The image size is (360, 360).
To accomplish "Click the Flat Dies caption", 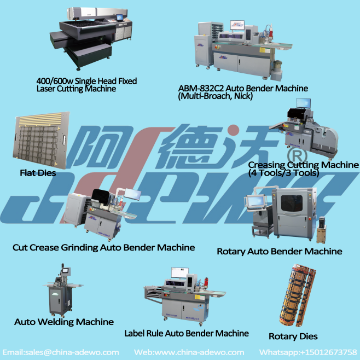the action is (x=38, y=173).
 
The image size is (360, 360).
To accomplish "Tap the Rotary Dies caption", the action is (x=293, y=336).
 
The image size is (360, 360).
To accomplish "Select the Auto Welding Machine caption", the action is (x=64, y=322).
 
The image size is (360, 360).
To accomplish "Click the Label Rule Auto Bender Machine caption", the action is (x=187, y=333).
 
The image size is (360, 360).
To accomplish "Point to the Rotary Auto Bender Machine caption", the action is (x=280, y=252).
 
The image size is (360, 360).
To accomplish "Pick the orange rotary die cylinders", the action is (x=298, y=295).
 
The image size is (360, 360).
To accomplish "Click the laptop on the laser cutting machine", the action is (x=120, y=18).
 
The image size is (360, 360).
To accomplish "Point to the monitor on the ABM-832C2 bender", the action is (x=237, y=25).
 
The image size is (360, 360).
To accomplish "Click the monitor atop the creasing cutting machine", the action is (x=303, y=103).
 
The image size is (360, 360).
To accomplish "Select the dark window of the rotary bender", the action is (x=292, y=204).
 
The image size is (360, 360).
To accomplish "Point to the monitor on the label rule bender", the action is (x=180, y=273).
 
